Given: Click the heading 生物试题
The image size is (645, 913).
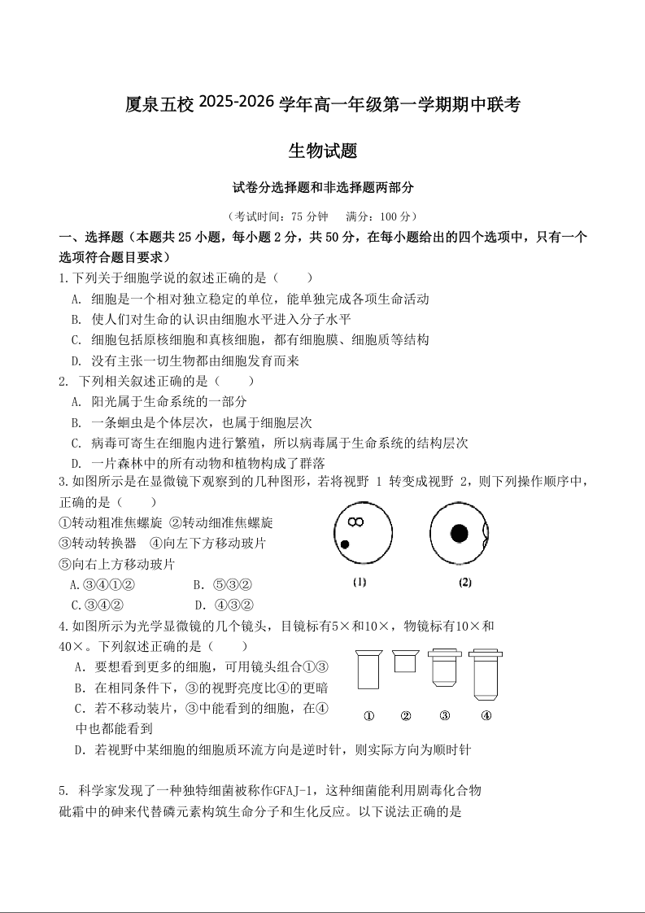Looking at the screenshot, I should pyautogui.click(x=323, y=151).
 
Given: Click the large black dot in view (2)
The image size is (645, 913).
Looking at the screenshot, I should pyautogui.click(x=460, y=533).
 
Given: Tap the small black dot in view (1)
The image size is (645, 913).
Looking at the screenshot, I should pyautogui.click(x=345, y=544).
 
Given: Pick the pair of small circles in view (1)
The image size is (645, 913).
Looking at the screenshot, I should pyautogui.click(x=355, y=522).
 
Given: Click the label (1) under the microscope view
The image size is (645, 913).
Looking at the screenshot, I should pyautogui.click(x=360, y=582).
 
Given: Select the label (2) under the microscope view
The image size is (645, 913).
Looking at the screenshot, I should pyautogui.click(x=465, y=582).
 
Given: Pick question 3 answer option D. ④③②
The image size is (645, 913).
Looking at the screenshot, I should pyautogui.click(x=224, y=605).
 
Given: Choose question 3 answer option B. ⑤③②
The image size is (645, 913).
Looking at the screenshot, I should pyautogui.click(x=222, y=584).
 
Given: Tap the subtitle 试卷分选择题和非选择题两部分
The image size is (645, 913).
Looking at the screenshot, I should pyautogui.click(x=323, y=187).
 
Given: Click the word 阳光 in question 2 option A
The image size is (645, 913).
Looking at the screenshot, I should pyautogui.click(x=104, y=401).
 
